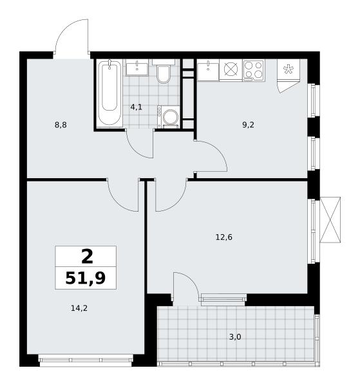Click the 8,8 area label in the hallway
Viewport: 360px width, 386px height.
61,125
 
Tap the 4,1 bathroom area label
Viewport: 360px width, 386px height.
137,107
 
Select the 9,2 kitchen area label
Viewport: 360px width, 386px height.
248,125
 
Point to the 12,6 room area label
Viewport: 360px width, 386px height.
224,237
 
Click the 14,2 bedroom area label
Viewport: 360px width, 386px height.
79,308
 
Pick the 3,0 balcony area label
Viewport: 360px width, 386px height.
235,336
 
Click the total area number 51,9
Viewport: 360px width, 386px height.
86,278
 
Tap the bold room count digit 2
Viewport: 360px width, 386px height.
87,256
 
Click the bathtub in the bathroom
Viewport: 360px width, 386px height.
109,93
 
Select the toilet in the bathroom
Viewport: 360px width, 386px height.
164,71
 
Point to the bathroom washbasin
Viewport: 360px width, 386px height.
137,67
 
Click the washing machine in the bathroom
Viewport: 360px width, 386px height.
169,117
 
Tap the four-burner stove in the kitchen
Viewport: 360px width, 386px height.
254,70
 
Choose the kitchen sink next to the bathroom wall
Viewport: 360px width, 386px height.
208,70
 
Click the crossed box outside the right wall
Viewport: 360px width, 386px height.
330,220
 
